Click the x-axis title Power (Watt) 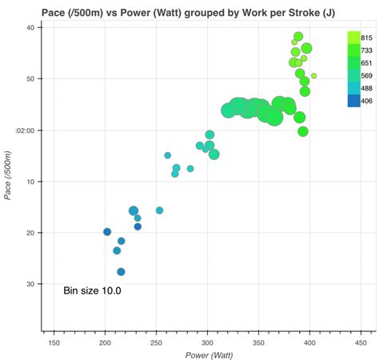coord(207,354)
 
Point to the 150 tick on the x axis coord(54,342)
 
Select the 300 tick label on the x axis coord(207,342)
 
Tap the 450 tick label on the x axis coord(361,342)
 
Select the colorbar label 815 coord(366,38)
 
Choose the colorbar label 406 coord(366,101)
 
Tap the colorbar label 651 coord(366,63)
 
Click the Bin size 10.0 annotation coord(92,291)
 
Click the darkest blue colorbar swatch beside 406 coord(353,100)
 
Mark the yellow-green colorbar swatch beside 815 coord(353,38)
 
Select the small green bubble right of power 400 coord(314,76)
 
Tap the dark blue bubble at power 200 coord(107,232)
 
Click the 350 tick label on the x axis coord(258,342)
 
